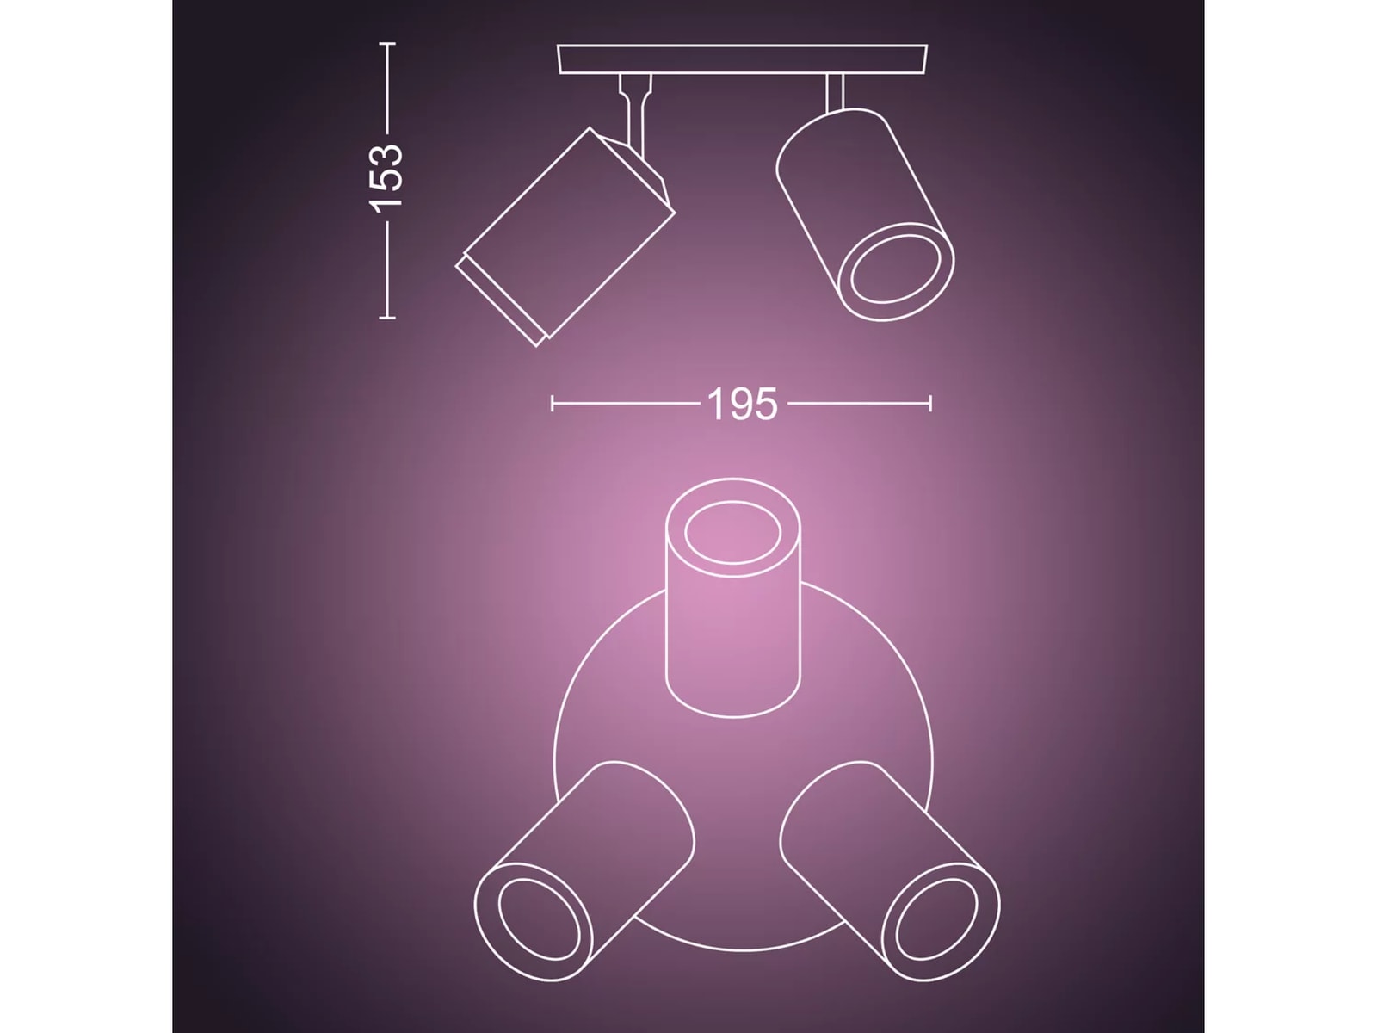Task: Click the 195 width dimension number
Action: (x=742, y=404)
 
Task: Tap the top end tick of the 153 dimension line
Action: (x=387, y=44)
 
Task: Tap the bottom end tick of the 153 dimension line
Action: (x=387, y=318)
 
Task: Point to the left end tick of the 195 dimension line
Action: (x=552, y=403)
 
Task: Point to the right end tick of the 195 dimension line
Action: (x=930, y=403)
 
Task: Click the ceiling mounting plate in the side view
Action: (x=742, y=59)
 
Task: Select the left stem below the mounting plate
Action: (x=634, y=110)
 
